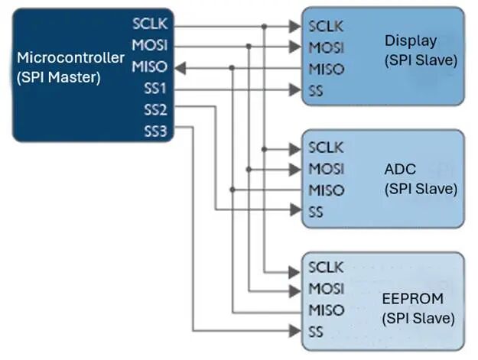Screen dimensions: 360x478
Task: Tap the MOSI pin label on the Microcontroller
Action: [149, 46]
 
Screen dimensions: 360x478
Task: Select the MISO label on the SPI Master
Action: [149, 67]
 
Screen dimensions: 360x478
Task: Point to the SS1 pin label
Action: [155, 89]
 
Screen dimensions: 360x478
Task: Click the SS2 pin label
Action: [155, 110]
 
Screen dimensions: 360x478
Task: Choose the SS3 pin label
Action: [155, 131]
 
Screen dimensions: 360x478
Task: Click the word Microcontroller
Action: [70, 57]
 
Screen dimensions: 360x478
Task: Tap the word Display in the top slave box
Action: [411, 41]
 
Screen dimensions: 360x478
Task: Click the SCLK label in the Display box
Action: [326, 26]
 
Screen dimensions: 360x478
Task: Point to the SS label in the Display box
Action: [316, 91]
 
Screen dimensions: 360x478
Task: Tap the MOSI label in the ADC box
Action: [326, 169]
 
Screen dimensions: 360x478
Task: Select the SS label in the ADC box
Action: [316, 212]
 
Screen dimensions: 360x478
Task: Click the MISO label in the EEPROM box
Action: [326, 310]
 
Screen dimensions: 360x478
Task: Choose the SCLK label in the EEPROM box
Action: [326, 268]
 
